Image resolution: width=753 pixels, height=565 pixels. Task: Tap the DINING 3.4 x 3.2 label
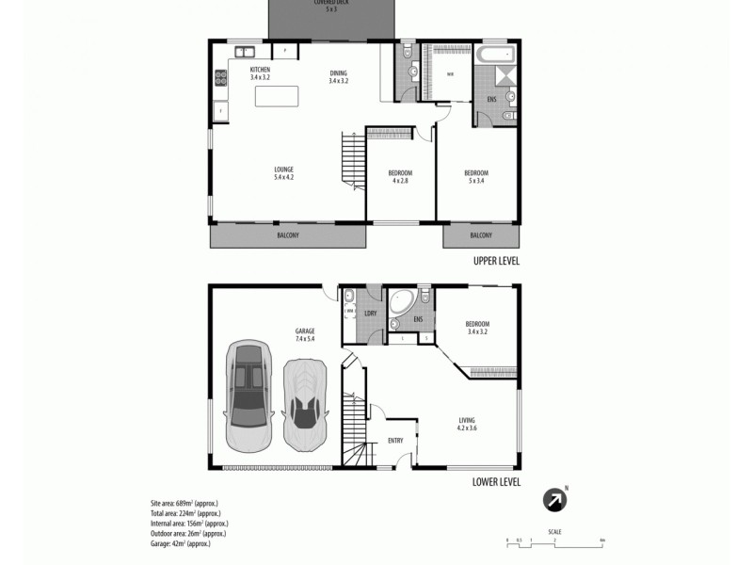pyautogui.click(x=338, y=77)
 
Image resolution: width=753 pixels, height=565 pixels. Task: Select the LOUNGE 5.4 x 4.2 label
pyautogui.click(x=283, y=173)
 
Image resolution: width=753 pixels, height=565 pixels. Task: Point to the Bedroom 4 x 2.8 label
pyautogui.click(x=400, y=176)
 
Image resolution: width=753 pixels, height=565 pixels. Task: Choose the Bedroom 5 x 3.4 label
pyautogui.click(x=475, y=176)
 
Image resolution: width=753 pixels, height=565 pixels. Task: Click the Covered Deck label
pyautogui.click(x=329, y=7)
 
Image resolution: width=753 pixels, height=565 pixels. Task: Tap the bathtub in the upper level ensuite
pyautogui.click(x=495, y=54)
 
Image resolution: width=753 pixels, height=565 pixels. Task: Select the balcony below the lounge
pyautogui.click(x=288, y=235)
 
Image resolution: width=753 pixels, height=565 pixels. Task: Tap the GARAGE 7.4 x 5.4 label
pyautogui.click(x=304, y=334)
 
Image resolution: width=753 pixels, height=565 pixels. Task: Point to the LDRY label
pyautogui.click(x=370, y=313)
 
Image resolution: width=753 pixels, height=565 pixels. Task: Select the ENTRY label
pyautogui.click(x=396, y=441)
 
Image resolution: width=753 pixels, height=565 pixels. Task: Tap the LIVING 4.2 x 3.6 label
pyautogui.click(x=467, y=424)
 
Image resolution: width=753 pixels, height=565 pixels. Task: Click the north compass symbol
pyautogui.click(x=555, y=501)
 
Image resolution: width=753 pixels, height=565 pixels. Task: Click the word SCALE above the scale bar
pyautogui.click(x=555, y=532)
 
